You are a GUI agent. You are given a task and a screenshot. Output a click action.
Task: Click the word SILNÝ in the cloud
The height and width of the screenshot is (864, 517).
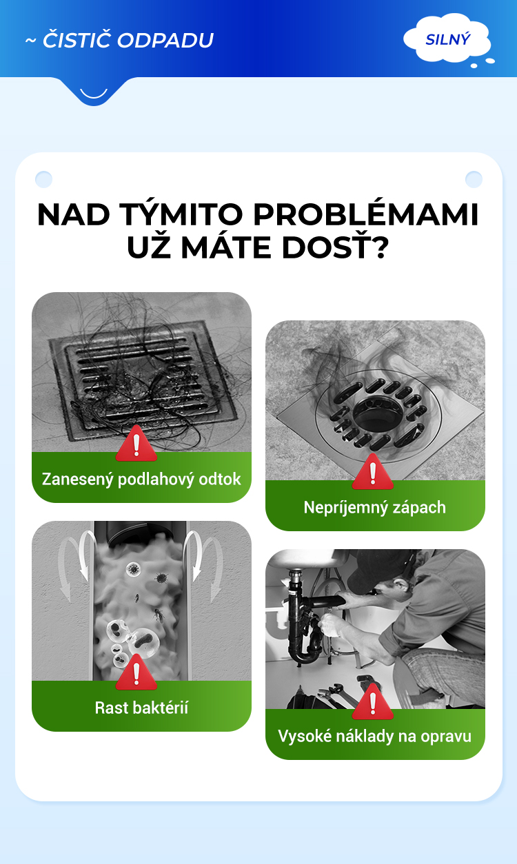tap(448, 39)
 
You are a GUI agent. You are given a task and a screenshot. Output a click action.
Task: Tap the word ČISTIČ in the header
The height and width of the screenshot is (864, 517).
tap(76, 40)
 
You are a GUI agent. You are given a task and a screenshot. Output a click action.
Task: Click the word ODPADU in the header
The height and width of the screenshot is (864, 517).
tap(165, 41)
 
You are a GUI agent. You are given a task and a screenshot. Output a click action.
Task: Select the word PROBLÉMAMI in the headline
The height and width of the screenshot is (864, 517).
tap(365, 214)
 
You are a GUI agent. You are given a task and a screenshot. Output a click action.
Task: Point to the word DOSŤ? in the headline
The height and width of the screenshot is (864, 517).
tap(334, 247)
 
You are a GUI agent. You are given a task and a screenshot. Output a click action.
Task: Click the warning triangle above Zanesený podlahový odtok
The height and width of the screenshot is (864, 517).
tap(136, 444)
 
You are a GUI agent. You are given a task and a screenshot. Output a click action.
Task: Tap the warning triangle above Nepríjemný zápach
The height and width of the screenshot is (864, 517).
tap(373, 472)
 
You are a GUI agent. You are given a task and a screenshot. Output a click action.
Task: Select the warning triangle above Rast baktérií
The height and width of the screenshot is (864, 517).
tap(136, 672)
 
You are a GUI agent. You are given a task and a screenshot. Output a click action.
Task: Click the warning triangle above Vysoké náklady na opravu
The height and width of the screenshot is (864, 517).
tap(373, 701)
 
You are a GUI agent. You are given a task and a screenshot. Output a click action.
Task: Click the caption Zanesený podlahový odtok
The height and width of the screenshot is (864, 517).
tap(141, 479)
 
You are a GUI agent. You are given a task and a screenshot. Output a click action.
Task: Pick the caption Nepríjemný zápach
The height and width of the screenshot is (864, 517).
tap(374, 508)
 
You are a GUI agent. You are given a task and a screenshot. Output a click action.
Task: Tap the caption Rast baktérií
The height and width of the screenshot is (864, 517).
tap(141, 708)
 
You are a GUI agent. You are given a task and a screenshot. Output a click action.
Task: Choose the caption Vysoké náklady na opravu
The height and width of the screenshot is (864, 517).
tap(374, 737)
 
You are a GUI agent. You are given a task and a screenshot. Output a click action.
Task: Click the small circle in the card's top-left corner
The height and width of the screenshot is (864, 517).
tap(43, 179)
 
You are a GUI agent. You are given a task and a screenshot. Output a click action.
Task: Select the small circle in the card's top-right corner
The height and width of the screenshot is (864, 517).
tap(474, 179)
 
